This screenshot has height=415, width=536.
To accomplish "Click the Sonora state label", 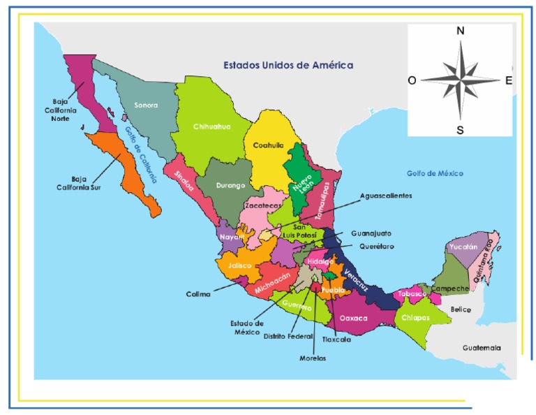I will coord(145,105).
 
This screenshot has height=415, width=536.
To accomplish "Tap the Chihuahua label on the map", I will coord(211,126).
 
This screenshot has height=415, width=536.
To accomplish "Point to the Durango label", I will coord(230,185).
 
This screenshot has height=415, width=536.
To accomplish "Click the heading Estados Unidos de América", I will coord(288,65).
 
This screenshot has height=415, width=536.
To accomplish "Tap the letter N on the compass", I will coord(460,31).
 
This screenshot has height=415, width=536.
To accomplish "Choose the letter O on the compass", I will coord(412,80).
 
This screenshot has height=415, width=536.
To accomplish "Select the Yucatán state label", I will coord(463,247).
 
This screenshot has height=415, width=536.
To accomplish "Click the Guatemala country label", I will coord(482,347).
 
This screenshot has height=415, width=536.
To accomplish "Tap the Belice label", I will coord(461,310).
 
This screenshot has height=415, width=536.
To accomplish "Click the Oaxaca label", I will coord(353,318).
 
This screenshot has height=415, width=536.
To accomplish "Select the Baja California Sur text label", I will coord(80,182).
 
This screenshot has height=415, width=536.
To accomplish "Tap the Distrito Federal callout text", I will coord(289,336).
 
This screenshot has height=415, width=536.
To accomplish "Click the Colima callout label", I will coord(198,294).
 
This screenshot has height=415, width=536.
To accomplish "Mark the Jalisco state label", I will coord(239,266).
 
